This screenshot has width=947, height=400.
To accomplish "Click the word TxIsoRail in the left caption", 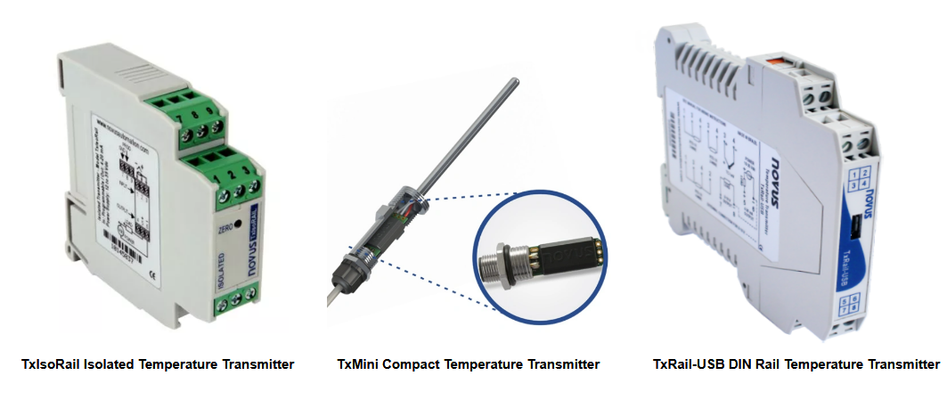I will [50, 364].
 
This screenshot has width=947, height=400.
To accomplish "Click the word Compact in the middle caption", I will [412, 364].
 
